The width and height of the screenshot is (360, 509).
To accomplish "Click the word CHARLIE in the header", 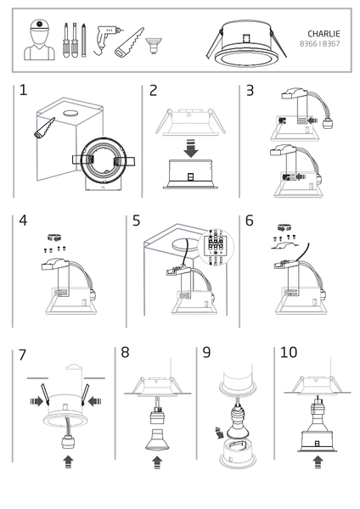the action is click(323, 34).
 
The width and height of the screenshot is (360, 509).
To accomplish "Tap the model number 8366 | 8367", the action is click(320, 44).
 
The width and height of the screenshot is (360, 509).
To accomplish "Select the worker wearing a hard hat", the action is click(39, 40).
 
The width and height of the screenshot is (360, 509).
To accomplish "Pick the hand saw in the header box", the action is click(129, 42).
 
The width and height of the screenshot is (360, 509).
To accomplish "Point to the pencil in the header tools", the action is click(84, 40).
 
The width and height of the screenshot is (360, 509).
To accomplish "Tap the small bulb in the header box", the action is click(154, 46).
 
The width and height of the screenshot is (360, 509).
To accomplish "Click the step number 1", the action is click(23, 90).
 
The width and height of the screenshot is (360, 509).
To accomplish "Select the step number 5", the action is click(136, 221).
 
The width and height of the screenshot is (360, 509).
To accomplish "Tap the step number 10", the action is click(289, 352).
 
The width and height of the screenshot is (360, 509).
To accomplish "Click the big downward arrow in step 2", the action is click(191, 148).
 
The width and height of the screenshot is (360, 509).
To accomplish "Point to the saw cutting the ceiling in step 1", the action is click(44, 128).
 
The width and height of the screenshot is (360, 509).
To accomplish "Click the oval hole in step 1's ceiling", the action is click(70, 114).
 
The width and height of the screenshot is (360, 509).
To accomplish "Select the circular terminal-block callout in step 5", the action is click(216, 248).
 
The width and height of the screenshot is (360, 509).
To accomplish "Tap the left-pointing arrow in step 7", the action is click(95, 401).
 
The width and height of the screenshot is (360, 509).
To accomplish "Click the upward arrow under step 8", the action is click(157, 462).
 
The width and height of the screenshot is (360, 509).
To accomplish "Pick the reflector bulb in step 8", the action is click(157, 439).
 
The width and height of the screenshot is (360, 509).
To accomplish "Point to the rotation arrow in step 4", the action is click(54, 238).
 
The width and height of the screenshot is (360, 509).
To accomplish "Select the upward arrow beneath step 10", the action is click(318, 462).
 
